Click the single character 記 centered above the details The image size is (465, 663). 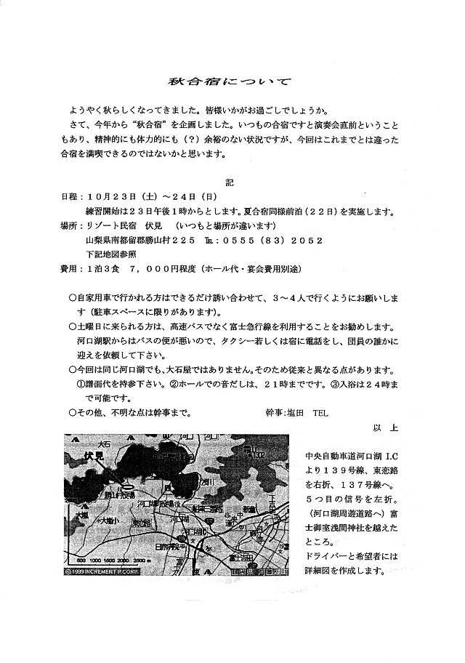coord(230,181)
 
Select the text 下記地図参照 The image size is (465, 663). coord(111,254)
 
